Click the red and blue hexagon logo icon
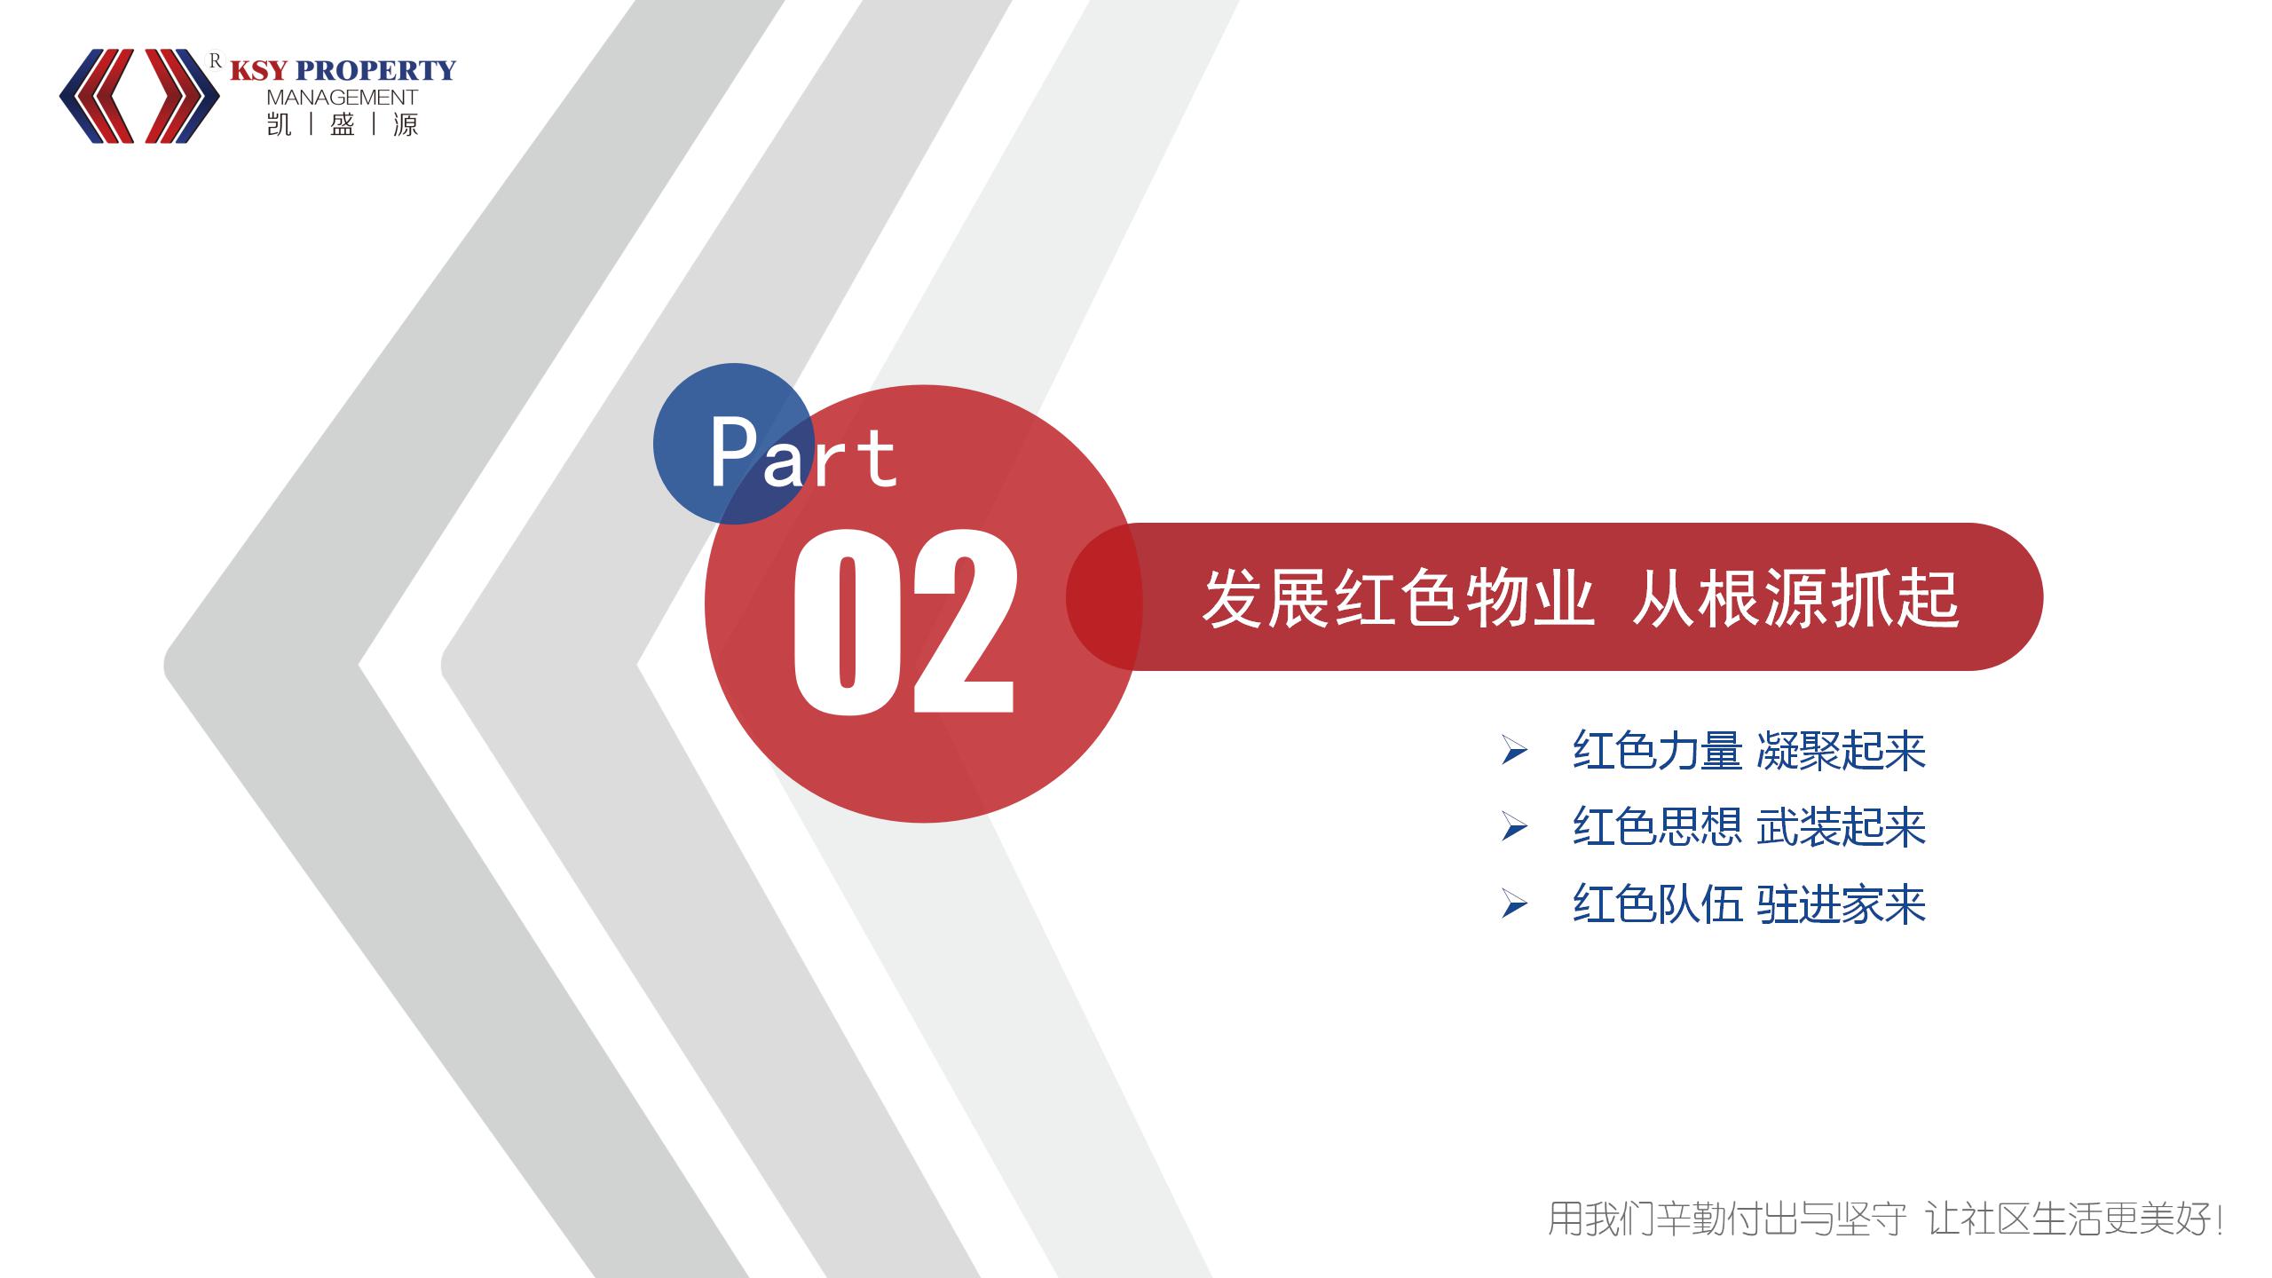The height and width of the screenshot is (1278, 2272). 139,96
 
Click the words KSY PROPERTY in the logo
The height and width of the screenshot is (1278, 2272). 343,70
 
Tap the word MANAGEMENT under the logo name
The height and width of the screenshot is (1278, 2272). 342,98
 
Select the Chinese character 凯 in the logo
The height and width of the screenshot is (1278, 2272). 279,124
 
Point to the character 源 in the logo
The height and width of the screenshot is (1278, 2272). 406,124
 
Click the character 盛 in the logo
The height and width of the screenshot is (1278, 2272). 343,124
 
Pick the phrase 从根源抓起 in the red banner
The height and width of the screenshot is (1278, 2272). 1795,598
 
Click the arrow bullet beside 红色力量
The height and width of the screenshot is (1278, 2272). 1514,752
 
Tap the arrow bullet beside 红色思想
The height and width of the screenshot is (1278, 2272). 1514,828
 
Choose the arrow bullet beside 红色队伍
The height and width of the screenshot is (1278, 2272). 1514,905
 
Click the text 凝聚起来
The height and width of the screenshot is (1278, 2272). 1842,751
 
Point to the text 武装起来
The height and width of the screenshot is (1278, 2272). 1842,827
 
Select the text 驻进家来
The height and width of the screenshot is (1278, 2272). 1842,904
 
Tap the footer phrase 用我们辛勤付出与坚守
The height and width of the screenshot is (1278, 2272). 1727,1219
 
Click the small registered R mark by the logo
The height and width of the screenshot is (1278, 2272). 215,60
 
